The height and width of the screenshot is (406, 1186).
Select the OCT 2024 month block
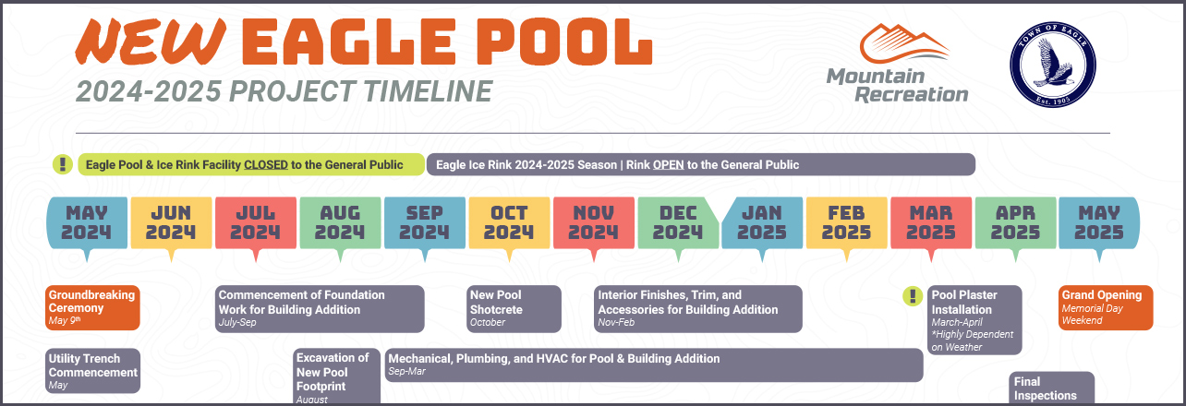pos(509,222)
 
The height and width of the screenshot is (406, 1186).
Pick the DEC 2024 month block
pos(678,222)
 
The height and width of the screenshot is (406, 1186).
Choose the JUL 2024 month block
pos(256,222)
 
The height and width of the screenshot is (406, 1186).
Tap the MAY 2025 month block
pos(1099,222)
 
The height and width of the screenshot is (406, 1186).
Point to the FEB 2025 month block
pos(847,222)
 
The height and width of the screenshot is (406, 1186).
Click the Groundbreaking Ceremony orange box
pos(92,307)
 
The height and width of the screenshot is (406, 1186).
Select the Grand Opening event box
pos(1107,307)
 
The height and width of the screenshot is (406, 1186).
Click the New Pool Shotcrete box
pos(514,308)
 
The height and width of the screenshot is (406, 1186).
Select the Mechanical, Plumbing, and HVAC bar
pos(654,364)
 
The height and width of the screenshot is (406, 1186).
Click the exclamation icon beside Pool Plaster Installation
pos(912,296)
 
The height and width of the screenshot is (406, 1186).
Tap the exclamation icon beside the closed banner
pos(62,164)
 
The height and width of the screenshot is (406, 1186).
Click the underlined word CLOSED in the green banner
pos(266,165)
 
